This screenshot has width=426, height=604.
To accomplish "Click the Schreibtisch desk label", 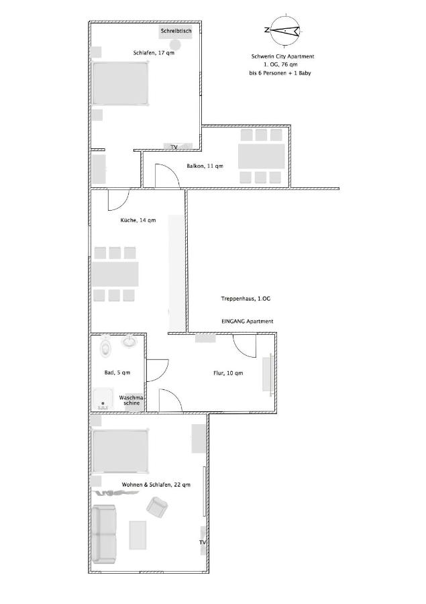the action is coord(176,31).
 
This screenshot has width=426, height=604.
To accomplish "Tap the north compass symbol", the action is coord(284,30).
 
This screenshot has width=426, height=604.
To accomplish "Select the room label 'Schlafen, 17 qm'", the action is coord(154,53).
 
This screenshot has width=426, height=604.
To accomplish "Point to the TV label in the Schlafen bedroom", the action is coord(174,147).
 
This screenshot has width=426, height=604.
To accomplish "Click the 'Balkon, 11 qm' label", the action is coord(205,166).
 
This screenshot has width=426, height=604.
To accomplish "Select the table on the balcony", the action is coord(261,156).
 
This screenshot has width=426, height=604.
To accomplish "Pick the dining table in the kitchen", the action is coord(115,274).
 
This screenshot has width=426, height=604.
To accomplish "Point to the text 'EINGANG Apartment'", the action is coord(248,321).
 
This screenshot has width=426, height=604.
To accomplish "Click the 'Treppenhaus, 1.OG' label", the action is coord(246,299).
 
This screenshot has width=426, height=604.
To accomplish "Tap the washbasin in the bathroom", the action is coord(129,341).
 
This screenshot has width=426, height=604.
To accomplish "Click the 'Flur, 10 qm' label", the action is coord(228,373).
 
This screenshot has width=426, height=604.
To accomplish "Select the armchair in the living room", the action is coord(157,507).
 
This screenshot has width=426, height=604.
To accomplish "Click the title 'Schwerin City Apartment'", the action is coord(282,56).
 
